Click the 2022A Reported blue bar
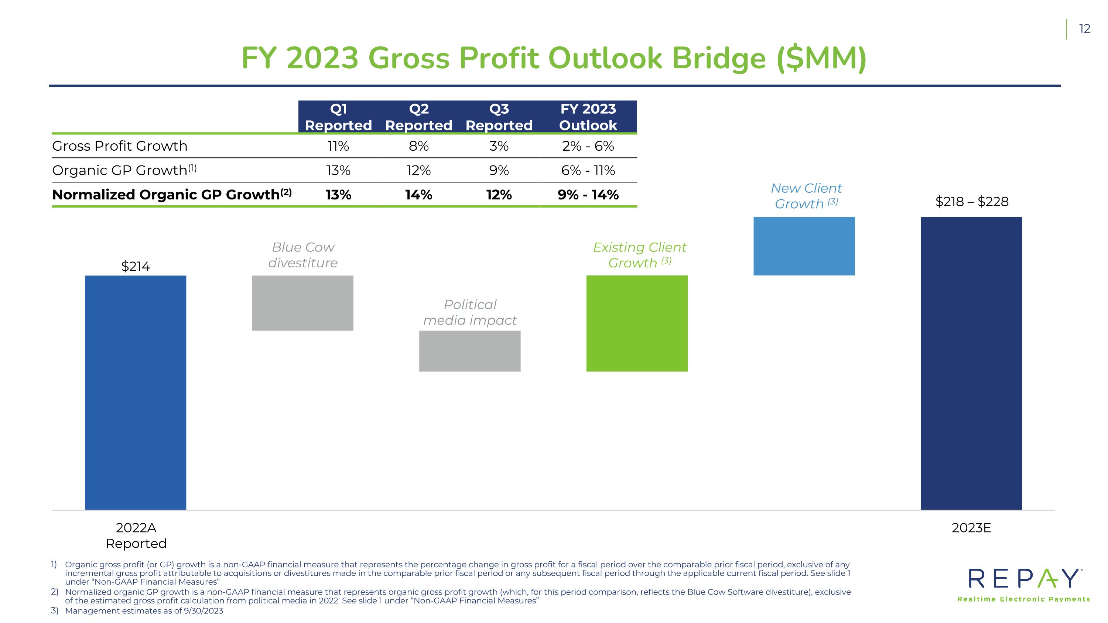point(136,393)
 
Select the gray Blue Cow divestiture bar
point(303,303)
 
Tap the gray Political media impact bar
point(470,351)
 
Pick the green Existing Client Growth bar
point(637,324)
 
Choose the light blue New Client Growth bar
point(804,246)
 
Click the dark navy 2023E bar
point(971,363)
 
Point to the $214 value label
point(136,267)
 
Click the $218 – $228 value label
point(972,202)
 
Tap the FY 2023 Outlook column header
point(588,117)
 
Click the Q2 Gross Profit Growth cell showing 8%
point(418,146)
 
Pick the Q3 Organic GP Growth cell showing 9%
point(499,171)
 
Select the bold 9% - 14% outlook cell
point(588,195)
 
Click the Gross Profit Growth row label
point(120,146)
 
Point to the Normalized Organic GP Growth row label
point(172,194)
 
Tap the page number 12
point(1085,29)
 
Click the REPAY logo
point(1024,585)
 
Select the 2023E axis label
point(971,528)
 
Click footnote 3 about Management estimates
point(137,611)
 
